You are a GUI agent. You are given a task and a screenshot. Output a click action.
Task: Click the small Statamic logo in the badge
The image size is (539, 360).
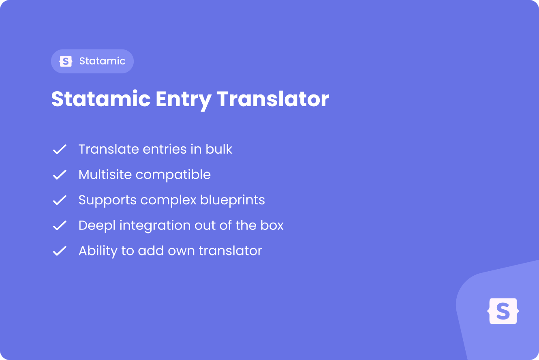tap(66, 61)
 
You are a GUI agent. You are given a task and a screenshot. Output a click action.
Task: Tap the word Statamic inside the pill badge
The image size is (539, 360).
tap(102, 61)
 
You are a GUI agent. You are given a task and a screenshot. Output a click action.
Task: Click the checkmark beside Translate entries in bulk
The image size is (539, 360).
tap(60, 149)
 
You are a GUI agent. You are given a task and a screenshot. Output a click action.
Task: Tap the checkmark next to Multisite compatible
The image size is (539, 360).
tap(60, 175)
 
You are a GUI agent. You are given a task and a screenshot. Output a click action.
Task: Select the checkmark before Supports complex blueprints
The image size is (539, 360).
tap(60, 200)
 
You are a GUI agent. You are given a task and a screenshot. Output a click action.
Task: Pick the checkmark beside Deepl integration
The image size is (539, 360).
tap(60, 225)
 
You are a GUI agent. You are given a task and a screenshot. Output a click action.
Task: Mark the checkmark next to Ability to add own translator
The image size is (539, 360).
tap(60, 251)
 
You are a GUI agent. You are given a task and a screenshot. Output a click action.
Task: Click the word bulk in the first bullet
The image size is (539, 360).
tap(219, 149)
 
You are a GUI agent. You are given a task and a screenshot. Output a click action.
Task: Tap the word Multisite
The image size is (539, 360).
tap(105, 174)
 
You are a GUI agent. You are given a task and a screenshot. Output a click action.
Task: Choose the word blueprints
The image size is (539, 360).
tap(233, 200)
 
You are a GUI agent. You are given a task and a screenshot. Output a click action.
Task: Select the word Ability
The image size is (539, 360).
tap(98, 251)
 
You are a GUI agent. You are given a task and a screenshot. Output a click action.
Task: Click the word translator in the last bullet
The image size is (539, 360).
tap(230, 251)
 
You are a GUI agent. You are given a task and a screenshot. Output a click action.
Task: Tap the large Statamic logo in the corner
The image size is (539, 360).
tap(503, 311)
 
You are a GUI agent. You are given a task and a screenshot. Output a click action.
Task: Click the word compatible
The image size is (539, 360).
tap(173, 175)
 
